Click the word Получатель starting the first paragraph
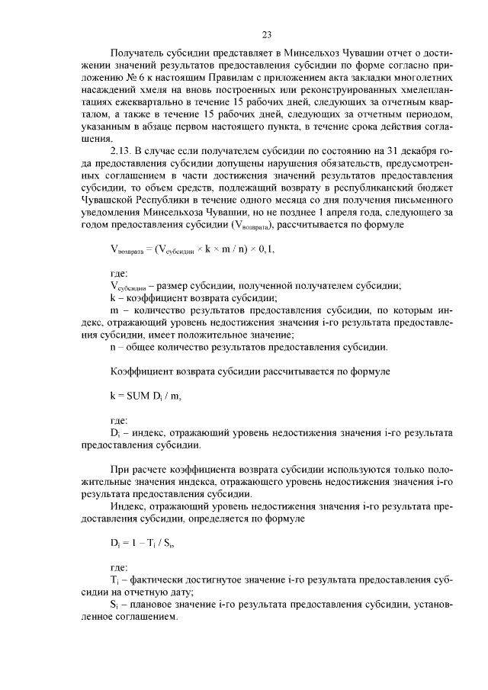(x=139, y=55)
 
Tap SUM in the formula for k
(x=140, y=396)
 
